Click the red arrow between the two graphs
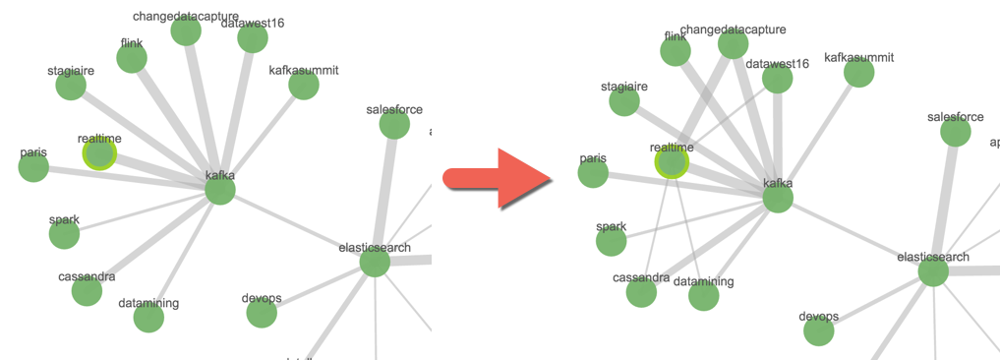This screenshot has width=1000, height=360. coord(500,178)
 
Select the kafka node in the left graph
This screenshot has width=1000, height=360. coord(220,191)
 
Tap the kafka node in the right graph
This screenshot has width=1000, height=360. coord(778,198)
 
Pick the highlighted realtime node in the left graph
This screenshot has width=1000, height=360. coord(99,153)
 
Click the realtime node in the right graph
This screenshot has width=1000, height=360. coord(672,162)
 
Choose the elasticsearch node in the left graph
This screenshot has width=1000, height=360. coord(375,263)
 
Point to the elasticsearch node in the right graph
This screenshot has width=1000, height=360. coord(933,271)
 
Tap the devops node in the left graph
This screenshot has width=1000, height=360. coord(262,313)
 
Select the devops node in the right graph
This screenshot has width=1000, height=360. coord(819,331)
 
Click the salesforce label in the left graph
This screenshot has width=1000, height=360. coord(393,109)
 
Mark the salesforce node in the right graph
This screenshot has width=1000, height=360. coord(955,132)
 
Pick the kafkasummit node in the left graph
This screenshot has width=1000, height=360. coord(304,86)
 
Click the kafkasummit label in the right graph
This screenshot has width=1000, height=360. coord(858,57)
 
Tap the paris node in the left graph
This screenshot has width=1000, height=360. coord(33,167)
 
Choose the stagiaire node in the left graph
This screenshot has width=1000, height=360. coord(71,86)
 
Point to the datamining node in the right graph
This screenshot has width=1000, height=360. coord(704,296)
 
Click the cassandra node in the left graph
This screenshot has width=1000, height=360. coord(87,291)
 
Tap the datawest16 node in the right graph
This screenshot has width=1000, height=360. coord(777,79)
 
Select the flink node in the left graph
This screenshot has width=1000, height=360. coord(132,58)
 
